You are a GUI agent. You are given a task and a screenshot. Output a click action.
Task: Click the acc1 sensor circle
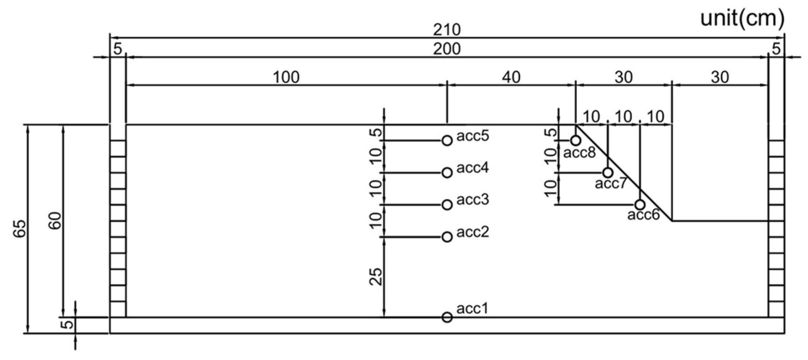tap(447, 317)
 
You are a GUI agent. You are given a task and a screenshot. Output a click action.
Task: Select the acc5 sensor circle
tap(447, 141)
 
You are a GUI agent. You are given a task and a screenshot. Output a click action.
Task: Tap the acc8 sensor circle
tap(575, 141)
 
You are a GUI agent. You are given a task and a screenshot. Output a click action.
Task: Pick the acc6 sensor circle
tap(640, 205)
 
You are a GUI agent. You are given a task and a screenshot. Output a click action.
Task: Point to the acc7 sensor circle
tap(608, 173)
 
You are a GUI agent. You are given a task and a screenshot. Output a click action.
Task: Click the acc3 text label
tap(472, 200)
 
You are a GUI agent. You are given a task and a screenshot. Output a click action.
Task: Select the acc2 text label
tap(472, 232)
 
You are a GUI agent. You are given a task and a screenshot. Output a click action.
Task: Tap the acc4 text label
tap(472, 167)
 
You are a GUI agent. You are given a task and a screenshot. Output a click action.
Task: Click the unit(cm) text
tap(742, 18)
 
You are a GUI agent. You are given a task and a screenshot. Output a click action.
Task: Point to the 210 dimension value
tap(447, 30)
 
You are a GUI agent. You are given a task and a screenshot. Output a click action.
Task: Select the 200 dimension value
tap(447, 49)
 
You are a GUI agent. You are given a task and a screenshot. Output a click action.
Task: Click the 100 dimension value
tap(286, 77)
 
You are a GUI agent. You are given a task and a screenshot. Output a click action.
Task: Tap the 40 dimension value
tap(511, 77)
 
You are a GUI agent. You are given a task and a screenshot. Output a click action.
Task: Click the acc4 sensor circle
tap(447, 173)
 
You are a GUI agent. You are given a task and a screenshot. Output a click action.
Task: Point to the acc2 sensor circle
tap(447, 237)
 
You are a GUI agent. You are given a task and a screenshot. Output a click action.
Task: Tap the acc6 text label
tap(643, 215)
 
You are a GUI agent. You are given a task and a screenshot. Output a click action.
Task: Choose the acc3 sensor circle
tap(447, 205)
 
